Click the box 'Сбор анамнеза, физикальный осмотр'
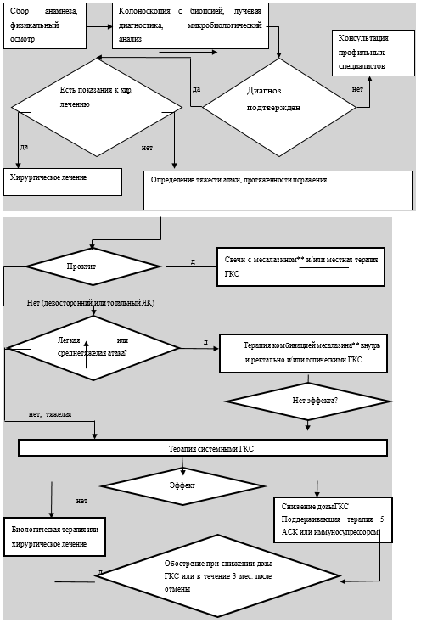pyautogui.click(x=45, y=25)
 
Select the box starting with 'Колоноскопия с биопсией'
pyautogui.click(x=190, y=25)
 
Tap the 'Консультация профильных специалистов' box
pyautogui.click(x=373, y=53)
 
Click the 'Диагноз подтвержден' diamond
pyautogui.click(x=279, y=107)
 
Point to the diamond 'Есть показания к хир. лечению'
pyautogui.click(x=97, y=107)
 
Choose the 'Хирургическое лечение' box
pyautogui.click(x=63, y=182)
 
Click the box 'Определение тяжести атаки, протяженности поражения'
pyautogui.click(x=278, y=190)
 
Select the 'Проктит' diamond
pyautogui.click(x=93, y=267)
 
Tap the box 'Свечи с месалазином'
pyautogui.click(x=300, y=267)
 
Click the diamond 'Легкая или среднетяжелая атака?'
pyautogui.click(x=93, y=348)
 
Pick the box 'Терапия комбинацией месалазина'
pyautogui.click(x=303, y=353)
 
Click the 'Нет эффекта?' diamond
pyautogui.click(x=308, y=401)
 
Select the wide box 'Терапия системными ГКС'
pyautogui.click(x=203, y=448)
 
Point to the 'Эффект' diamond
pyautogui.click(x=182, y=486)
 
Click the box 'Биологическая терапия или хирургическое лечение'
pyautogui.click(x=55, y=536)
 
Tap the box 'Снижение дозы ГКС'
pyautogui.click(x=333, y=519)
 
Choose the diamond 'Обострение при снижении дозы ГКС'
pyautogui.click(x=218, y=575)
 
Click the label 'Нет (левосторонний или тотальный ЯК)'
pyautogui.click(x=91, y=303)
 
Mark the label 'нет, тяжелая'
pyautogui.click(x=50, y=414)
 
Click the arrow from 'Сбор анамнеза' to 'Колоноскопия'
pyautogui.click(x=99, y=26)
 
